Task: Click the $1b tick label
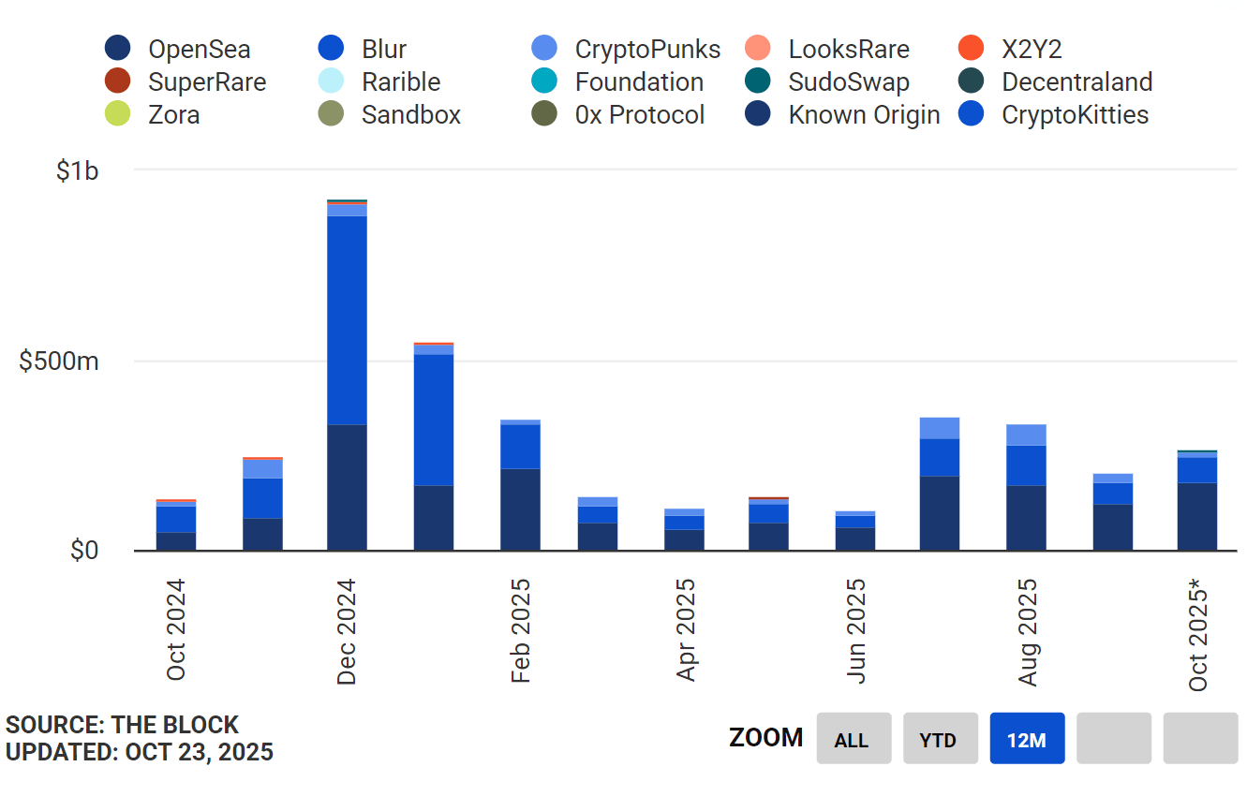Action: (77, 171)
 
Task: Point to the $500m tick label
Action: (59, 361)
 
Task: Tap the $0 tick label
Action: (84, 551)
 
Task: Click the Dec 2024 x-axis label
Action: (348, 632)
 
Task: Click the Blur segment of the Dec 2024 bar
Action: (347, 320)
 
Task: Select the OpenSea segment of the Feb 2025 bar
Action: (520, 509)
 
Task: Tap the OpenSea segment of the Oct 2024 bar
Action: (175, 541)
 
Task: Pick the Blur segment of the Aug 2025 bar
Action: (1026, 465)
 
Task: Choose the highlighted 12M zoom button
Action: (1027, 739)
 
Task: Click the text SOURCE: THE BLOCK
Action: (122, 725)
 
